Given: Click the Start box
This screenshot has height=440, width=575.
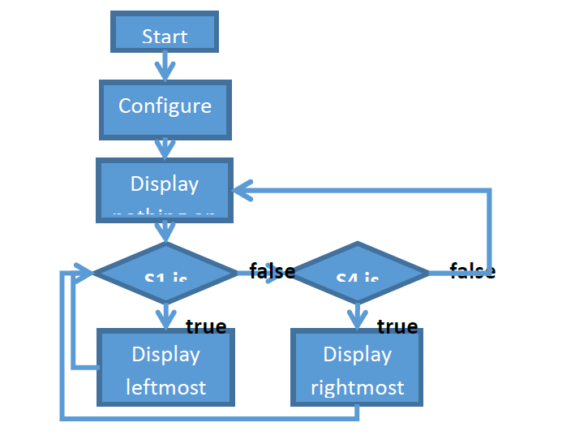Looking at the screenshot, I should [165, 33].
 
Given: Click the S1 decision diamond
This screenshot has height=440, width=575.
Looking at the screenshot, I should [165, 274].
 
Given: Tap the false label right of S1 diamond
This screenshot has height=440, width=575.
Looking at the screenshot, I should [272, 271].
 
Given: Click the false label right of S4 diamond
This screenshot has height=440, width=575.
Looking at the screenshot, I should [473, 271].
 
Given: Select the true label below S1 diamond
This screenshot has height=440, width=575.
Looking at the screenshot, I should [206, 326].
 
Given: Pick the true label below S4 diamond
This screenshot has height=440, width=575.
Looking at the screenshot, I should [397, 326].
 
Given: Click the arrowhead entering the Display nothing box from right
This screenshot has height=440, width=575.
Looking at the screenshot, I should [243, 191].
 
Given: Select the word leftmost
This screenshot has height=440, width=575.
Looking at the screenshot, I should [165, 387].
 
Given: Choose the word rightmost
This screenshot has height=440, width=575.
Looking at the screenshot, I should [357, 387].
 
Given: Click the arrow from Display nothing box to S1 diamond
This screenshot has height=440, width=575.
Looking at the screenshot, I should [165, 232].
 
